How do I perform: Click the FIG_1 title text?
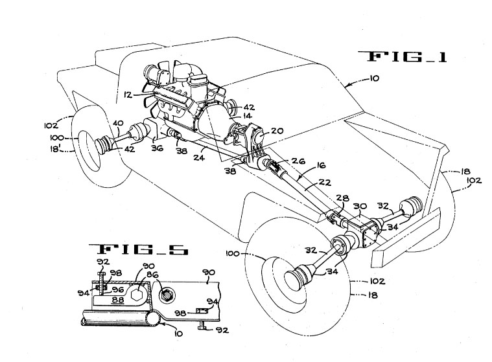(403, 56)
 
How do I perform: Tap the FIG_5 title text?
(138, 249)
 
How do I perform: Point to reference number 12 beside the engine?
(128, 94)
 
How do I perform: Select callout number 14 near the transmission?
(247, 116)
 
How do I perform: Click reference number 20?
(277, 131)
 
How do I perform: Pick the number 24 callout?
(199, 157)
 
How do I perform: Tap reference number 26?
(298, 161)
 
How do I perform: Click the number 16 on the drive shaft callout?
(320, 165)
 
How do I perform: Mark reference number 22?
(325, 181)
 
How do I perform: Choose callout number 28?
(342, 198)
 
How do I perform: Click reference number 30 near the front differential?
(360, 206)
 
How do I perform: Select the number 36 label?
(157, 148)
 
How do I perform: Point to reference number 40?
(118, 124)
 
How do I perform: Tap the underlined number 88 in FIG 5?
(118, 300)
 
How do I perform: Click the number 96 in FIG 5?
(117, 289)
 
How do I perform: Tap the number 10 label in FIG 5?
(178, 333)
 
